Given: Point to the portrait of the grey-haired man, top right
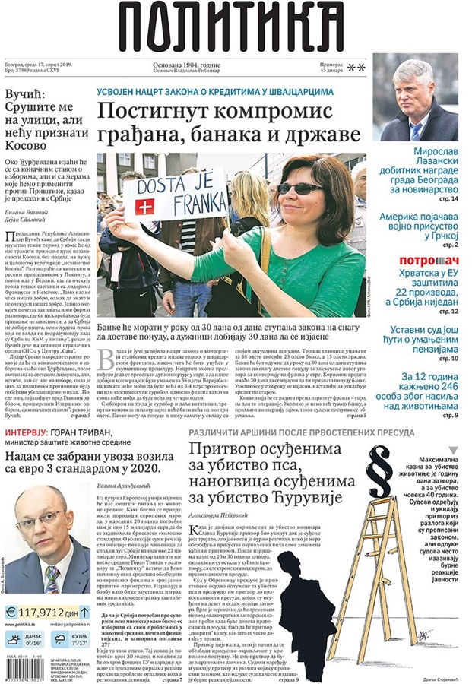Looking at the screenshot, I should click(415, 99).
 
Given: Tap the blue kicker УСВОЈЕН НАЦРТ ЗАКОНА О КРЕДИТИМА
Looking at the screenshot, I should click(215, 90).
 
